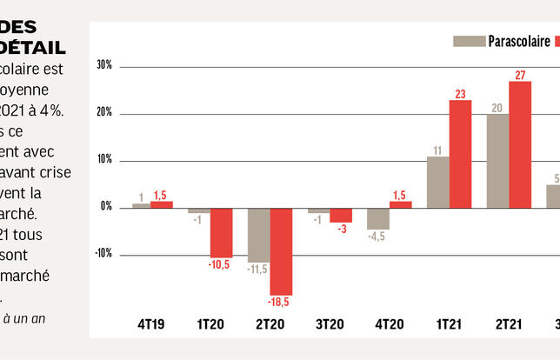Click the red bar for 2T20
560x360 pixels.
[281, 250]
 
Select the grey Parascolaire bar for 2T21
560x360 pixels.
[498, 160]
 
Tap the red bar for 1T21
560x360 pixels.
[460, 153]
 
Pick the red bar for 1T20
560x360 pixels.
[221, 232]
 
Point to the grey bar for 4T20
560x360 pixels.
[377, 218]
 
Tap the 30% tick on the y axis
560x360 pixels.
[104, 66]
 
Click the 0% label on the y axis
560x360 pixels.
[106, 207]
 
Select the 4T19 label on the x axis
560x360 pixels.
[150, 324]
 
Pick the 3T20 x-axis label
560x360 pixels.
[330, 324]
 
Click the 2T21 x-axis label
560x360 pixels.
[509, 324]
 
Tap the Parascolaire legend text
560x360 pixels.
[518, 41]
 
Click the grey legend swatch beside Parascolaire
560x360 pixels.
[469, 41]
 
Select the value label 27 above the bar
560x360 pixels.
[521, 75]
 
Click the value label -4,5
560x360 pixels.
[377, 236]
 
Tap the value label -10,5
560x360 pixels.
[221, 265]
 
